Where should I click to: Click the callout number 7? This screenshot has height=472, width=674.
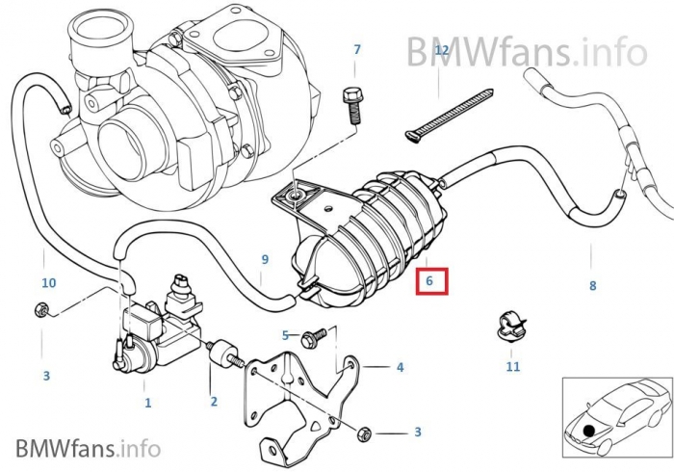point(357,49)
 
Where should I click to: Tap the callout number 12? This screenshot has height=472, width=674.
point(441,49)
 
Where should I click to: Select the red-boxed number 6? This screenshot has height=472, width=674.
point(431,281)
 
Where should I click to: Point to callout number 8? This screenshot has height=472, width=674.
point(592,286)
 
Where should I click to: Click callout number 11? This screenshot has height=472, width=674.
point(512,366)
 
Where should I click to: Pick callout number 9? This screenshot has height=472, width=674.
point(265,260)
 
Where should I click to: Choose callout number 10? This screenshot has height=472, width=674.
point(48,283)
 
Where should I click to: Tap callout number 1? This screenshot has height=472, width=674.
point(147,403)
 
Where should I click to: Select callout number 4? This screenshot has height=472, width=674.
point(399,367)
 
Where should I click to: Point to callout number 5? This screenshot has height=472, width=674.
point(285,335)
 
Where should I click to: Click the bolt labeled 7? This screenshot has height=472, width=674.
point(352,101)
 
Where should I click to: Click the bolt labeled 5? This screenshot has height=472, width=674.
point(312,338)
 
